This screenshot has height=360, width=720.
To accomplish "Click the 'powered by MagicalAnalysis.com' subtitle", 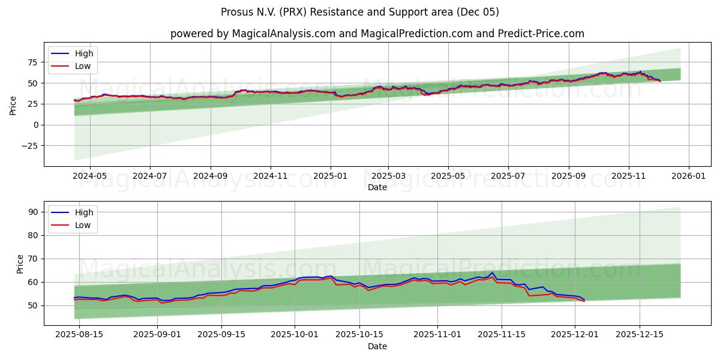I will [x=377, y=34].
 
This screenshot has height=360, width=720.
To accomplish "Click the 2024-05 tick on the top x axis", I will [x=89, y=176].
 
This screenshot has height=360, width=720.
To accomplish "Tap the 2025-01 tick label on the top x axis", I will [x=331, y=176].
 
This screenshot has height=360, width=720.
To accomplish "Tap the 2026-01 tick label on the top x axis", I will [x=688, y=176].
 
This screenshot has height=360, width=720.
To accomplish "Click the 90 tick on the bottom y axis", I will [x=33, y=212].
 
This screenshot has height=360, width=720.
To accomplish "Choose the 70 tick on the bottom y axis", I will [x=33, y=259].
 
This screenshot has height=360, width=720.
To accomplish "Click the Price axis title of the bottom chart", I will [x=20, y=263].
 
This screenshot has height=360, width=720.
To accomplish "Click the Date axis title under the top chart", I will [x=377, y=187].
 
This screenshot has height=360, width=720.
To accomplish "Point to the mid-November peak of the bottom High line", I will [x=492, y=272].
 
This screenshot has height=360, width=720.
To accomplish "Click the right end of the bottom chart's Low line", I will [x=584, y=301].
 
